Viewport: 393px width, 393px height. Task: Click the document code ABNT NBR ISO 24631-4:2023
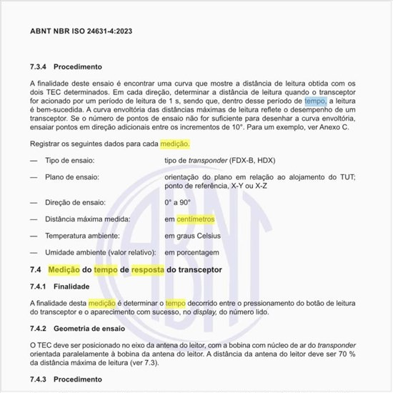tap(81, 31)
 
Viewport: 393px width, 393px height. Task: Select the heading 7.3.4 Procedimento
tap(66, 67)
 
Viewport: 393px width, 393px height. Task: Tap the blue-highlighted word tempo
tap(314, 102)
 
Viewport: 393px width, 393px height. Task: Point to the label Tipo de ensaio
tap(69, 161)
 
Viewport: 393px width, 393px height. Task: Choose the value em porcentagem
tap(192, 252)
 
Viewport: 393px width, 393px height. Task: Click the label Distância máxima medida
tap(87, 219)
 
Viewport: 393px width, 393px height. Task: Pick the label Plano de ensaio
tap(71, 176)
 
